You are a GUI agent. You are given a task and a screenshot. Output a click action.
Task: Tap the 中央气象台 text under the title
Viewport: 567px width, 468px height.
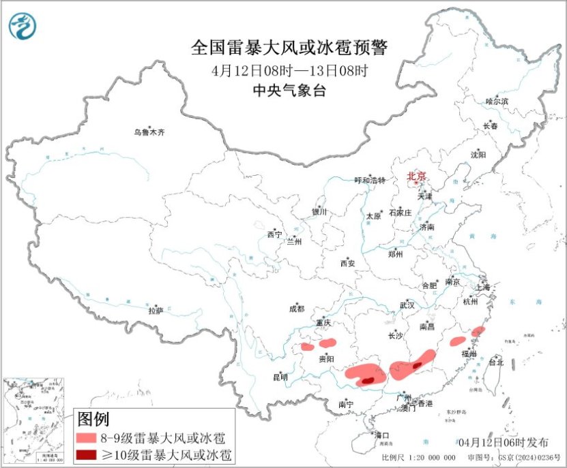click(289, 90)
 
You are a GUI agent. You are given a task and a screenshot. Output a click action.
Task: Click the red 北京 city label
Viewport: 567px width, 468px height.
click(416, 176)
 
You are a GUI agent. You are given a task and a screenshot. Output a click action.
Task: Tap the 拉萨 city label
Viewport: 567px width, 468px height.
click(156, 311)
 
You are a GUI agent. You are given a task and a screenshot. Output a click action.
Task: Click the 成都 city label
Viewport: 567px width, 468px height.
click(297, 309)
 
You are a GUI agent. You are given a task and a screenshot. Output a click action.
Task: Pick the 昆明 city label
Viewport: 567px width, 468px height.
click(280, 377)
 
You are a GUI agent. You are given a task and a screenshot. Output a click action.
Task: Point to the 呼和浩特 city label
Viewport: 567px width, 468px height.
click(370, 181)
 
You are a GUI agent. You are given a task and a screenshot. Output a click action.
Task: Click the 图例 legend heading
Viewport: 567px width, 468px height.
click(93, 418)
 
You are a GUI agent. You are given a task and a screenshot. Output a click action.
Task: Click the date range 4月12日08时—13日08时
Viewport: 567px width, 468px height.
click(289, 70)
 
